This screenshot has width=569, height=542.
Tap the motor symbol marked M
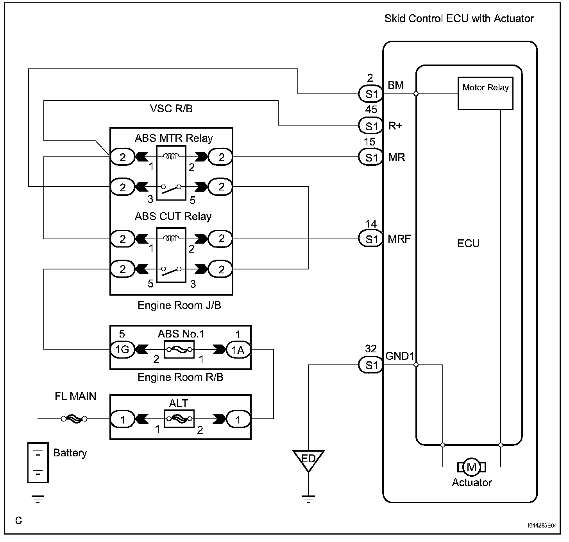(471, 467)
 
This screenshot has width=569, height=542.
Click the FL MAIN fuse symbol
(74, 418)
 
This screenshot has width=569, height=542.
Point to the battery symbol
(38, 462)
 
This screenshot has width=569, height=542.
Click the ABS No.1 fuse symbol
(179, 349)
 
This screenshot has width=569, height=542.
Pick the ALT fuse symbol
(179, 418)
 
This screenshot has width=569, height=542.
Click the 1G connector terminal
(122, 349)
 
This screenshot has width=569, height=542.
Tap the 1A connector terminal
(238, 350)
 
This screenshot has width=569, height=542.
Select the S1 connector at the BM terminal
(371, 94)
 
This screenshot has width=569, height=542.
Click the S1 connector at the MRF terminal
(371, 239)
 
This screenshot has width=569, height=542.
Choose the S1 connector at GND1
(371, 365)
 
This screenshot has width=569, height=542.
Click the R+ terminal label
(395, 126)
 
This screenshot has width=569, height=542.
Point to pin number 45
(371, 109)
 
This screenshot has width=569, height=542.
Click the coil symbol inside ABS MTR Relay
(171, 156)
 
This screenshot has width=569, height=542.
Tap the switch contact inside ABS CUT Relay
(171, 271)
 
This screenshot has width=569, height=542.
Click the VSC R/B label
(171, 109)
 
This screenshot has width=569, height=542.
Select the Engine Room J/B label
(179, 305)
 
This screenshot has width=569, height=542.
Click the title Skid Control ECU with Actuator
(459, 18)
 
